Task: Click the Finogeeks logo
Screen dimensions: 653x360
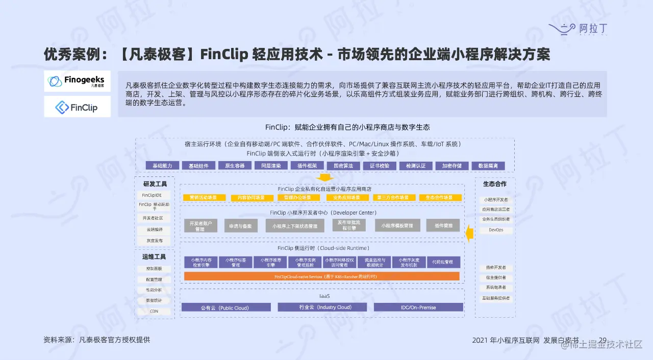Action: [x=77, y=81]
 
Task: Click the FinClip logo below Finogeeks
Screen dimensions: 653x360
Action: [x=77, y=107]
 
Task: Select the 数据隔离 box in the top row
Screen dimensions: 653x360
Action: [x=488, y=166]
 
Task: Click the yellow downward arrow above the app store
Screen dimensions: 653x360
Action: [x=324, y=177]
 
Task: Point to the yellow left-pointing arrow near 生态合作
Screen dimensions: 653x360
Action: [x=470, y=234]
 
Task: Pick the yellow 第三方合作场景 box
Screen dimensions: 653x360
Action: [x=393, y=197]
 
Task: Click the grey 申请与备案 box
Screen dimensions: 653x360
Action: [x=241, y=225]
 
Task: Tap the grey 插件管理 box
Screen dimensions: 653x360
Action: [x=443, y=225]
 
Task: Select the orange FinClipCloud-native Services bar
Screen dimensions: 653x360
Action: [x=321, y=276]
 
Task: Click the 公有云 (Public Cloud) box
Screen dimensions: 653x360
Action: [x=225, y=307]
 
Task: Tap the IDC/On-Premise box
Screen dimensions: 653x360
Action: [x=418, y=307]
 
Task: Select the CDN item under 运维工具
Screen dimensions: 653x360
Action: [x=153, y=311]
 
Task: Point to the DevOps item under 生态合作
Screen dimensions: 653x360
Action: [x=495, y=230]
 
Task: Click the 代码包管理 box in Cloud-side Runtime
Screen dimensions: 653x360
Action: [x=443, y=262]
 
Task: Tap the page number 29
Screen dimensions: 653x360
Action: [x=602, y=340]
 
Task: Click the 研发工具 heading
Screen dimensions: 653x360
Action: [x=155, y=184]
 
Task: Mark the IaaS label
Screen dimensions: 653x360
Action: [x=321, y=296]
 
